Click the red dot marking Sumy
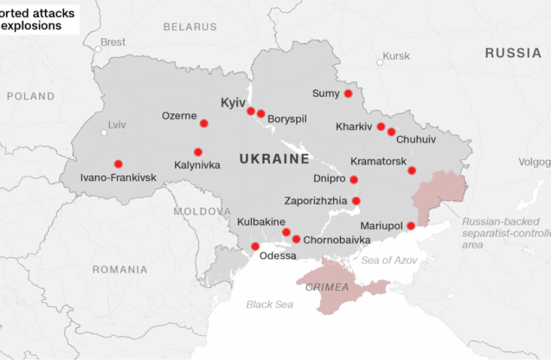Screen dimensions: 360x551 [x=348, y=94]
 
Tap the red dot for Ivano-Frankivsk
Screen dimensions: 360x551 [x=118, y=163]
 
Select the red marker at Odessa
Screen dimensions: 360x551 [x=255, y=246]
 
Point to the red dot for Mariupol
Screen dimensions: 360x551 [x=411, y=226]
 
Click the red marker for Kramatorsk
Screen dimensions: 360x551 [x=411, y=171]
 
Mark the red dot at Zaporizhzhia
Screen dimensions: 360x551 [x=356, y=201]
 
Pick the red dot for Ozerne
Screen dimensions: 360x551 [x=204, y=123]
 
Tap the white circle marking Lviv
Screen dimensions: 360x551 [x=104, y=132]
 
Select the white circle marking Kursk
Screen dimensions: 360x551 [x=380, y=63]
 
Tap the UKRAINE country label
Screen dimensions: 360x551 [x=274, y=158]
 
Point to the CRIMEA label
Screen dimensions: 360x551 [x=327, y=287]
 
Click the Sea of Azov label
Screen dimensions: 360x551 [x=389, y=260]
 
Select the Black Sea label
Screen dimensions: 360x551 [x=269, y=305]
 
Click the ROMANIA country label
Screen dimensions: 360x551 [x=120, y=269]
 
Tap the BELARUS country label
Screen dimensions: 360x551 [x=189, y=27]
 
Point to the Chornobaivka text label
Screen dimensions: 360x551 [x=337, y=240]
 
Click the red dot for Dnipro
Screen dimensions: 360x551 [x=354, y=179]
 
